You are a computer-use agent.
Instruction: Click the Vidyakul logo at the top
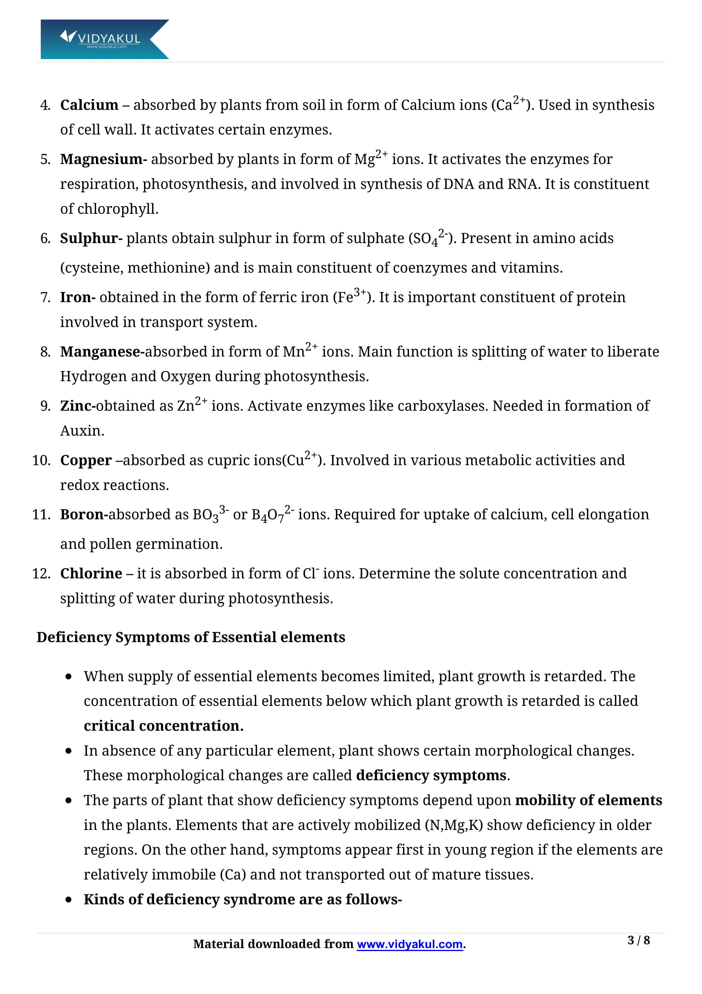click(x=104, y=39)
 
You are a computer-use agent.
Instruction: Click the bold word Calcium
click(x=89, y=105)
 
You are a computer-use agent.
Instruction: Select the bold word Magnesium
click(x=103, y=159)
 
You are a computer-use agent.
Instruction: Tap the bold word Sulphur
click(x=91, y=238)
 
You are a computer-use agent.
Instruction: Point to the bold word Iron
click(x=77, y=297)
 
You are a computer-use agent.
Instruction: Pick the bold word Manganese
click(x=102, y=352)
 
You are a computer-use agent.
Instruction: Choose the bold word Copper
click(x=86, y=461)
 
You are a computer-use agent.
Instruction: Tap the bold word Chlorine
click(x=91, y=574)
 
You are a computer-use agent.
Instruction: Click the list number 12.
click(x=41, y=574)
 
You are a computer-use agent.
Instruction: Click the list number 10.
click(x=41, y=461)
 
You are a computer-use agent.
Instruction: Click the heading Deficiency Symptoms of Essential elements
click(x=191, y=637)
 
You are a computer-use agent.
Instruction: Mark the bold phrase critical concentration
click(x=163, y=726)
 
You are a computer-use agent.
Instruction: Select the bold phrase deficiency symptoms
click(x=431, y=776)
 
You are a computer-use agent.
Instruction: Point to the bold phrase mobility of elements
click(x=588, y=800)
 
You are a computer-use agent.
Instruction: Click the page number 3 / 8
click(x=638, y=940)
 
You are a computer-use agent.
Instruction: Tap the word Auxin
click(x=82, y=431)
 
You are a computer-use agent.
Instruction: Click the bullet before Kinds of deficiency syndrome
click(x=68, y=900)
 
